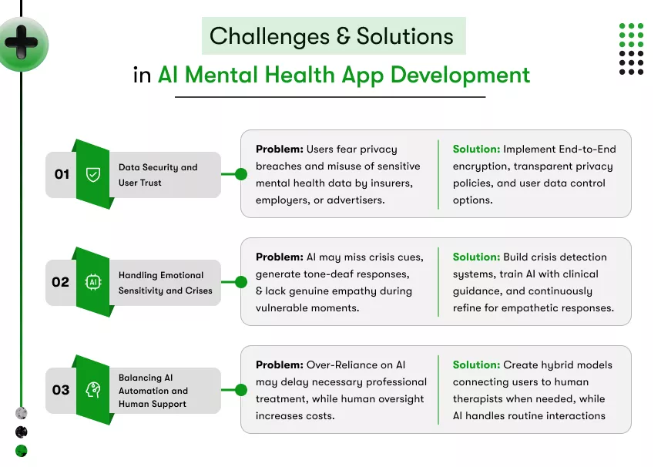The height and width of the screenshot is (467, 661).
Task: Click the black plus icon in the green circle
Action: pos(21,43)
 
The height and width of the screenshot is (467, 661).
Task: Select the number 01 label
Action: pos(62,175)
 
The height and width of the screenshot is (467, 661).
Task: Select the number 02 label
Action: pos(61,282)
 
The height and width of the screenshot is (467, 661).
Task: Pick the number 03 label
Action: pos(61,390)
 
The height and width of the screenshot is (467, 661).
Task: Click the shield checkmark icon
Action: pos(93,175)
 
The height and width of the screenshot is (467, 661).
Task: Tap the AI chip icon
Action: pos(93,282)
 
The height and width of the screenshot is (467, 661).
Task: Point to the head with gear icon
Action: pos(93,390)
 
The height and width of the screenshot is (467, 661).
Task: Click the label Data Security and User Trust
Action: pos(157,175)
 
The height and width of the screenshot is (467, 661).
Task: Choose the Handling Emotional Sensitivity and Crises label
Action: pos(165,283)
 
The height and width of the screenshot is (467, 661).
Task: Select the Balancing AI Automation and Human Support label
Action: pos(153,391)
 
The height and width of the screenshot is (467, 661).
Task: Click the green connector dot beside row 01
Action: pos(240,175)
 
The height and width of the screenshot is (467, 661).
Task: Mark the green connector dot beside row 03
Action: pos(240,390)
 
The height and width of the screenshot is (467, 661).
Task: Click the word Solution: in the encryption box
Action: pos(476,150)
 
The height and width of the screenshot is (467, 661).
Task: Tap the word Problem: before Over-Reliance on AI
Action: pos(279,365)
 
